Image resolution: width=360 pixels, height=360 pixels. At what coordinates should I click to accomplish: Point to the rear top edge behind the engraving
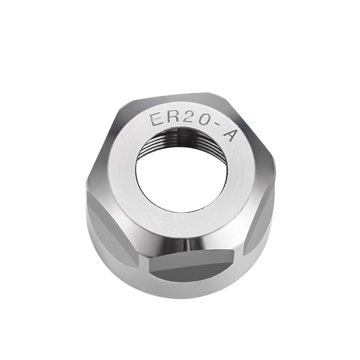[174, 97]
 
